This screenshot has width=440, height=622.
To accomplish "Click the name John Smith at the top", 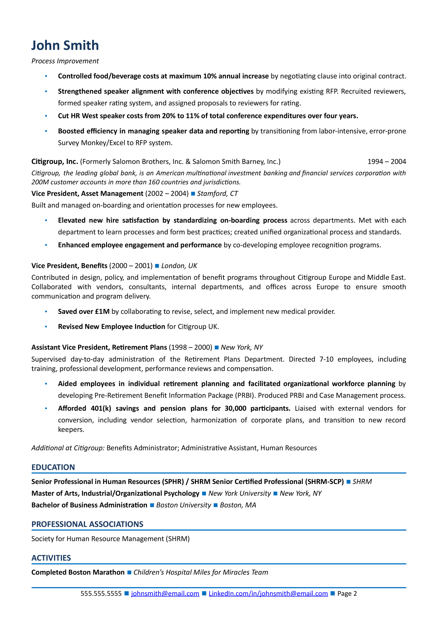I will point(65,45).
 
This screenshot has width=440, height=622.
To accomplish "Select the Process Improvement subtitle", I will point(65,61).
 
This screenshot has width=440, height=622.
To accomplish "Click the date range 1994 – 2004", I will point(387,162).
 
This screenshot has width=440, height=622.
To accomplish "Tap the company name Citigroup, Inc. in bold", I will point(55,162).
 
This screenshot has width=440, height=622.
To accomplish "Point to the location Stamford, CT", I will point(217,194).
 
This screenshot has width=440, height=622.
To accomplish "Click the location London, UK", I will point(179,266).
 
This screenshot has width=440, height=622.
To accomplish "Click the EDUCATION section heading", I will point(53,467).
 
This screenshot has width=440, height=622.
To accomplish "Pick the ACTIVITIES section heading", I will point(51,558).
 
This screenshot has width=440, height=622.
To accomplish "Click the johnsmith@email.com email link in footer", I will point(165,594).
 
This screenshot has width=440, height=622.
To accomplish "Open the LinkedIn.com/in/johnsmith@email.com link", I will point(268,594).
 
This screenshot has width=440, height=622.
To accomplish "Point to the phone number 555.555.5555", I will point(101,594).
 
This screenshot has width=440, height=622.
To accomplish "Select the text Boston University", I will point(184,505).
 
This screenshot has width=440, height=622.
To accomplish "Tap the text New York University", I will point(239,493).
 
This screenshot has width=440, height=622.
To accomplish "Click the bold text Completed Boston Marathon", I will point(78,572).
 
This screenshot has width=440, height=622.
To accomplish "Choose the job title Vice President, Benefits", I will point(69,266).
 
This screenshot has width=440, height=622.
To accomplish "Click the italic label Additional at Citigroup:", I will point(68,448).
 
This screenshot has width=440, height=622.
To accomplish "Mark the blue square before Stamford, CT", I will point(193,194).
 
